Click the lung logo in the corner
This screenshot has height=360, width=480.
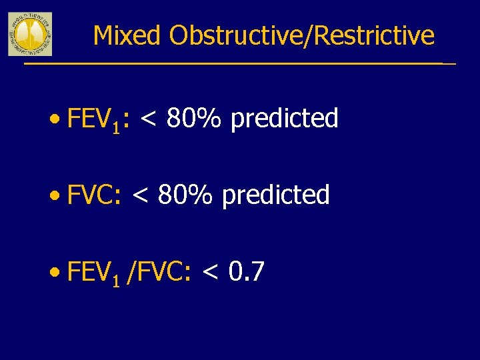click(x=29, y=34)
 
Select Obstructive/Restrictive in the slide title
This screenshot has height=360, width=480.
click(x=301, y=36)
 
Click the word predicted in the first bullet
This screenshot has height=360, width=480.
click(x=285, y=119)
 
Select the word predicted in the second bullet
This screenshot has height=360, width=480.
click(x=276, y=196)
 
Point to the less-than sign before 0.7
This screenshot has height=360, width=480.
click(x=210, y=273)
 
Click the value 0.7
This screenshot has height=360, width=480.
click(x=247, y=272)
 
